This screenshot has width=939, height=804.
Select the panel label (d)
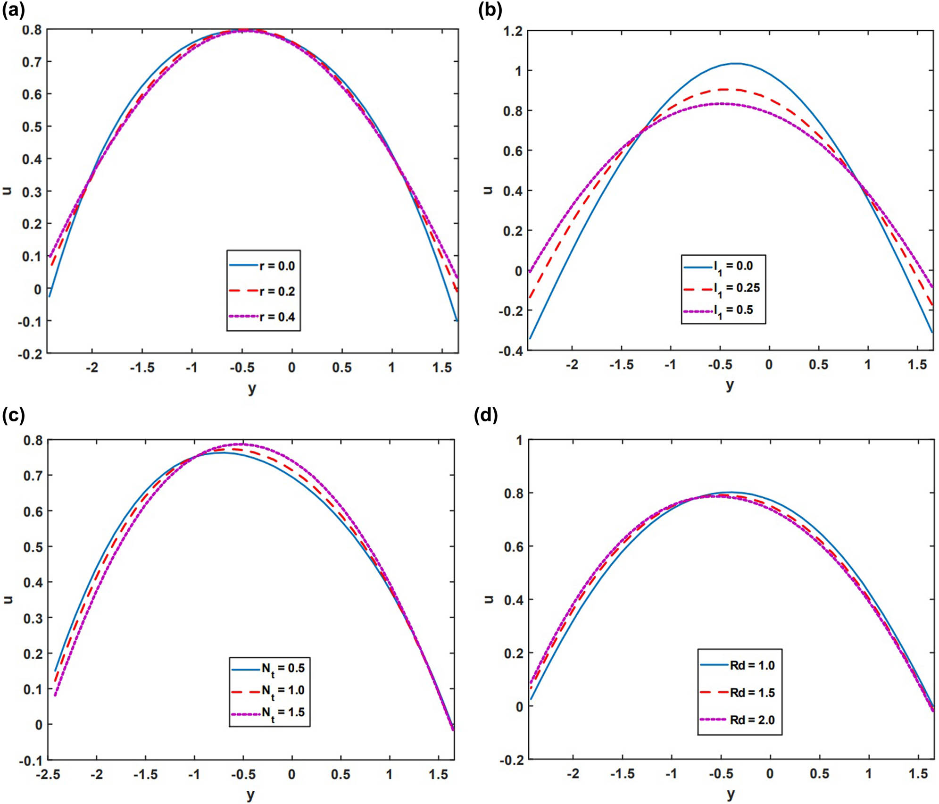487,415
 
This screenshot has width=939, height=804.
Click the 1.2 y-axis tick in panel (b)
513,31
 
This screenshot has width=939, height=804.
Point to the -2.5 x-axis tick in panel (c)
48,774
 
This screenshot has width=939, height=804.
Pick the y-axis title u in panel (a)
7,190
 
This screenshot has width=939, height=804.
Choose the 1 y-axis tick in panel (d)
519,440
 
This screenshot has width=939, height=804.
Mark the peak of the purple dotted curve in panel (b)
721,103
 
